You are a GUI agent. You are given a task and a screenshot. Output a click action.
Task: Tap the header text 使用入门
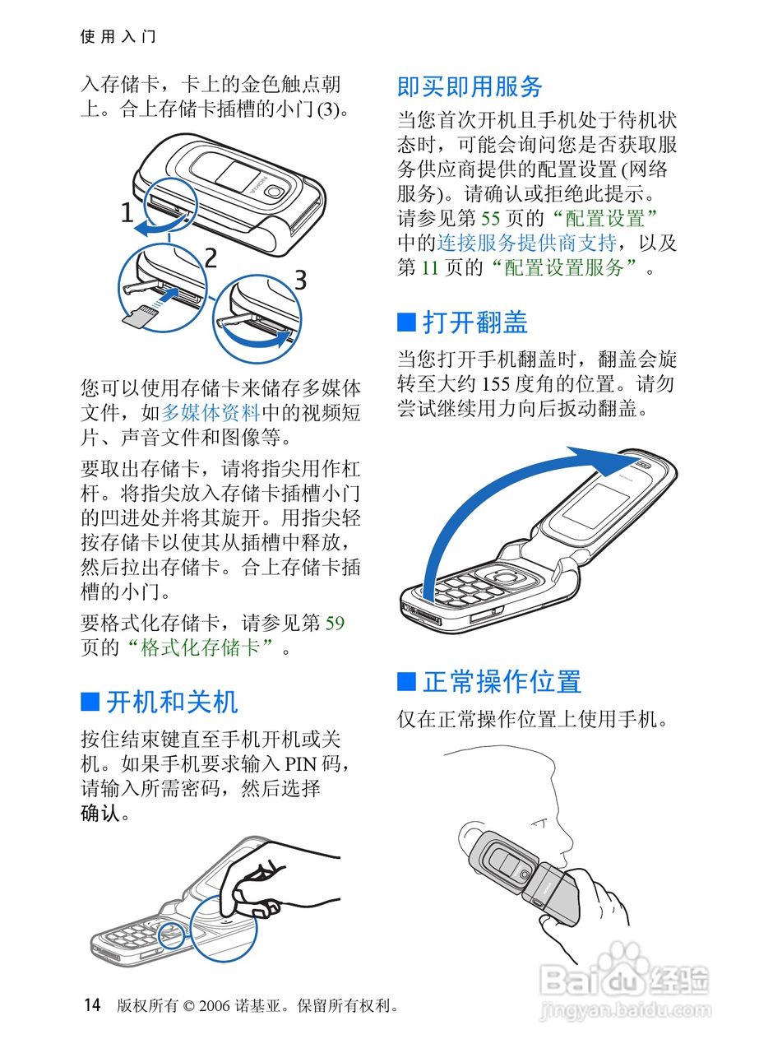[x=118, y=36]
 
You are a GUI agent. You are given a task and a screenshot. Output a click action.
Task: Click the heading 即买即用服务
[x=470, y=86]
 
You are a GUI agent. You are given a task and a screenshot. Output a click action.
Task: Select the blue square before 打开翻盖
[x=406, y=322]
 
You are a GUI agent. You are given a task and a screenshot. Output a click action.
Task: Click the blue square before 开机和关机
[x=90, y=702]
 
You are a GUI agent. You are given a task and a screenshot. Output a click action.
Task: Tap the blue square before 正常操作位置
[x=406, y=681]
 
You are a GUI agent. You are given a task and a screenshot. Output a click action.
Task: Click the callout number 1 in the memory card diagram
[x=127, y=212]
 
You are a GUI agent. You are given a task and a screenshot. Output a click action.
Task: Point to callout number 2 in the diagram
[x=211, y=257]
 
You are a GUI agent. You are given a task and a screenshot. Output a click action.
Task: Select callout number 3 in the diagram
[x=300, y=280]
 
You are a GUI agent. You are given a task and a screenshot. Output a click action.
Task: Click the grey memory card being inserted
[x=140, y=317]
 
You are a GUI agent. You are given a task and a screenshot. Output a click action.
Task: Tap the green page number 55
[x=490, y=218]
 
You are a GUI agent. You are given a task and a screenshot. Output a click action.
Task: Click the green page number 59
[x=335, y=624]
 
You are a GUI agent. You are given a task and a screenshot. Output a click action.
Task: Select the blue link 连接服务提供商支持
[x=526, y=243]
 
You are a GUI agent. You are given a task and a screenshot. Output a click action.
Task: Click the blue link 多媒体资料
[x=210, y=413]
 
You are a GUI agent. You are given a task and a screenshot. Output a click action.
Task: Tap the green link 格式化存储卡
[x=200, y=647]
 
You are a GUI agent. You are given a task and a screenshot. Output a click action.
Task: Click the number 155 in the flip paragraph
[x=496, y=384]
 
